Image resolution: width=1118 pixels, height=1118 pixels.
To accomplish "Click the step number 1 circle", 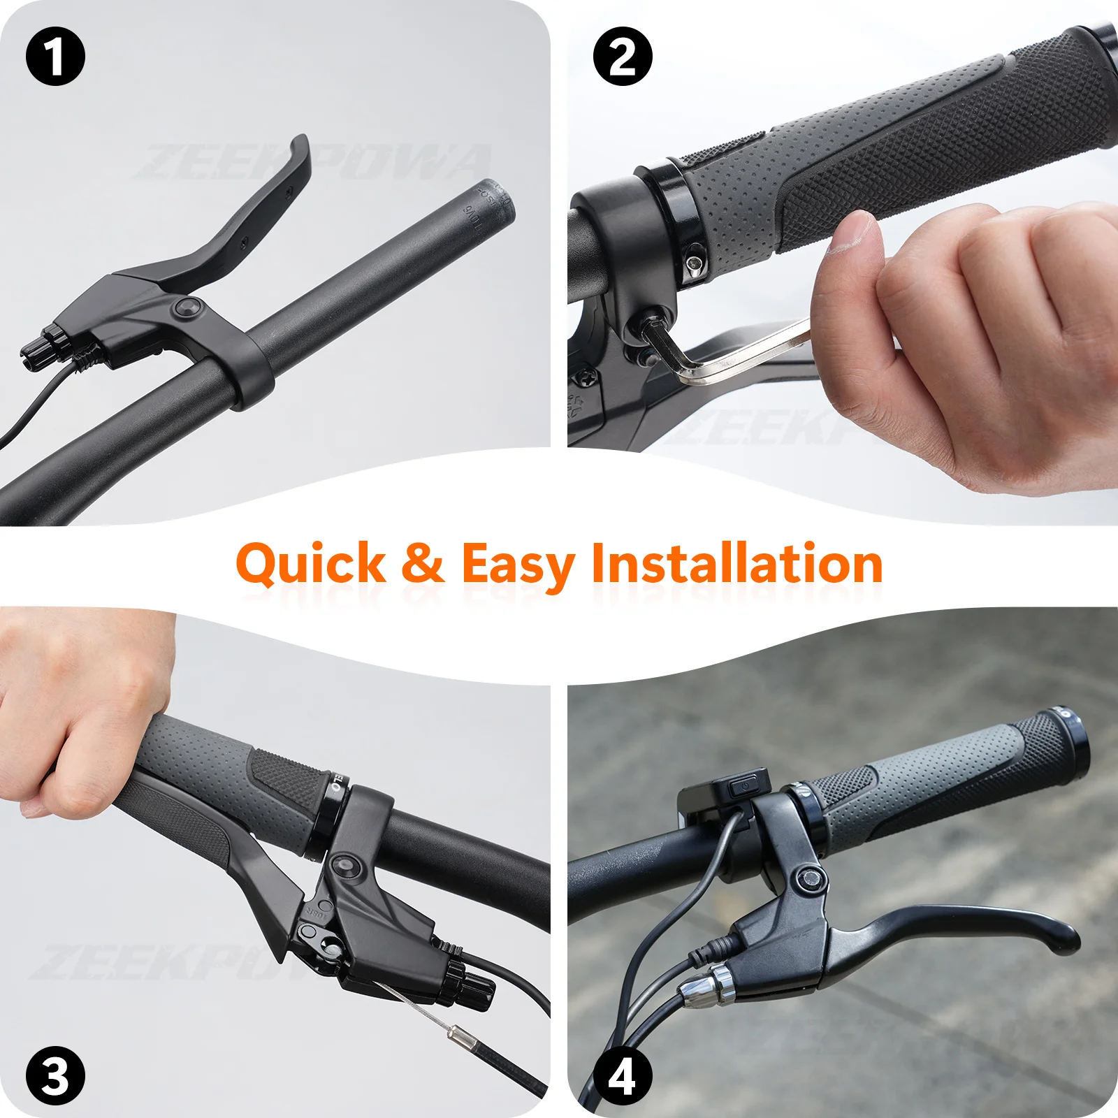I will pos(55,57).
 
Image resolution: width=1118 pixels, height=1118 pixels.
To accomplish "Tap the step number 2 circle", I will pos(623,57).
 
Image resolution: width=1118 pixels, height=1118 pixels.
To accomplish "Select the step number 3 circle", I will pos(55,1075).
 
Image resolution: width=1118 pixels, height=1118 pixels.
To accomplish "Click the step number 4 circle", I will pos(623,1075).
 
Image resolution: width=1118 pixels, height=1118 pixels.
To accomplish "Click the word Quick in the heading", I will pos(311,563).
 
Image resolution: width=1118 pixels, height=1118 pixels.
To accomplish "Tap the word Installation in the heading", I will pos(737,563).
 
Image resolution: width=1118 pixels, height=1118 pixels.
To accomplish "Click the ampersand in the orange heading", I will pos(423,563).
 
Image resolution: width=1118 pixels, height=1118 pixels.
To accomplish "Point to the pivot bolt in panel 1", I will pos(188,307).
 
